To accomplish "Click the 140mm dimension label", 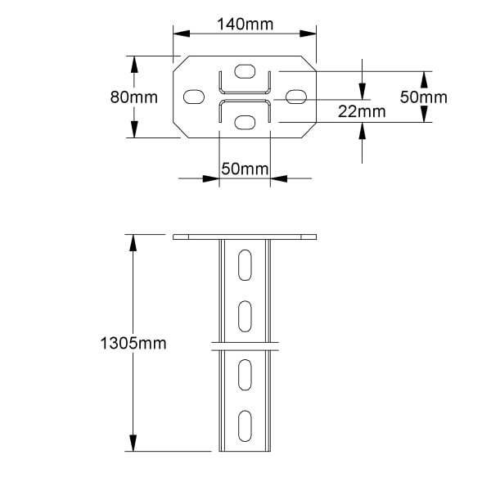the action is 245,24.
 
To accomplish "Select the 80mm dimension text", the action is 133,97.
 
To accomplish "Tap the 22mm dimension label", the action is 362,111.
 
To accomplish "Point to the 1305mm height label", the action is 133,343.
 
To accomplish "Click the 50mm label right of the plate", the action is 424,97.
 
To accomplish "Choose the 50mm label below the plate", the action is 245,169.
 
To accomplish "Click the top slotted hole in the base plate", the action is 245,71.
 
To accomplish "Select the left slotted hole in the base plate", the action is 194,97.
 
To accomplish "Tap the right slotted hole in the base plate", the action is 296,97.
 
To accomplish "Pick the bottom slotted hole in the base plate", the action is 245,123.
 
